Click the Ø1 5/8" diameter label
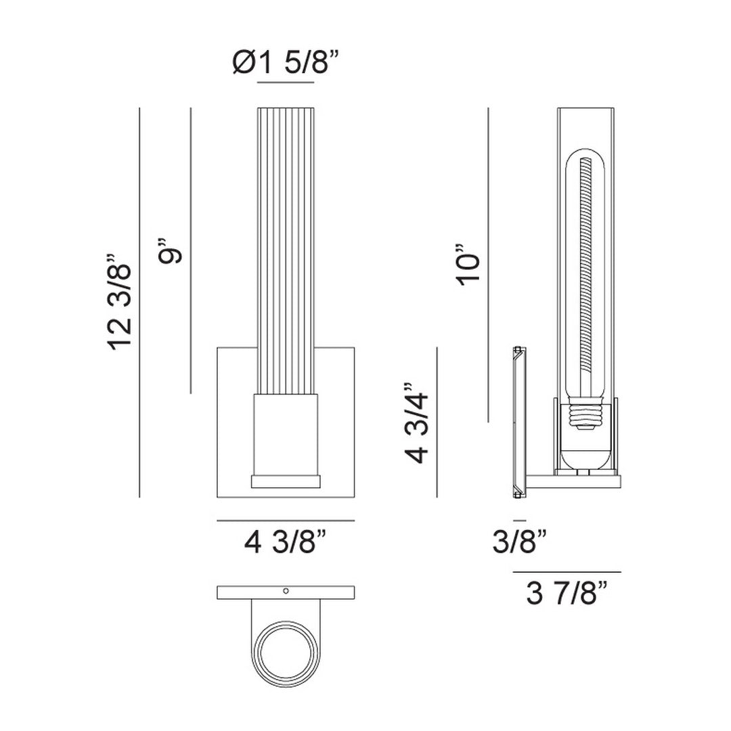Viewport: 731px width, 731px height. [x=284, y=64]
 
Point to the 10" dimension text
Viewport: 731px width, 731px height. [x=469, y=263]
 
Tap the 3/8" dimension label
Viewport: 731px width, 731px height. [x=520, y=543]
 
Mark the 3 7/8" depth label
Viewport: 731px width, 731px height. [x=566, y=595]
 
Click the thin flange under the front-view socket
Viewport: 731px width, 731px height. [x=285, y=482]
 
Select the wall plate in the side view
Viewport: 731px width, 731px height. [x=518, y=423]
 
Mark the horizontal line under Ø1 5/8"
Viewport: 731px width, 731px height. [x=286, y=82]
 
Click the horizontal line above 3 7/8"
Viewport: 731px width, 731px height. [x=567, y=573]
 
